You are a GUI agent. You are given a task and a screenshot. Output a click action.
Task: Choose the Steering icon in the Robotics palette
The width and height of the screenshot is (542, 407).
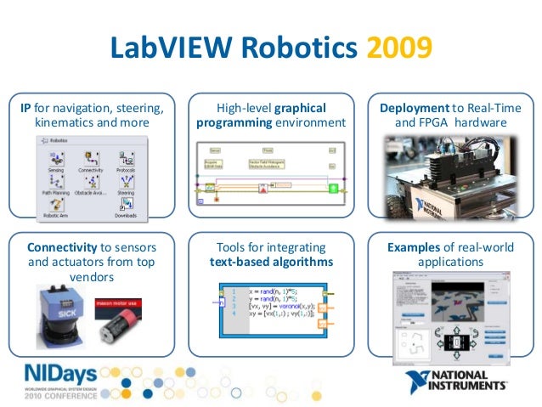[x=126, y=184]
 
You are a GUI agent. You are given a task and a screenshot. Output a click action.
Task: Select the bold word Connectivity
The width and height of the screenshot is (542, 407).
[x=61, y=247]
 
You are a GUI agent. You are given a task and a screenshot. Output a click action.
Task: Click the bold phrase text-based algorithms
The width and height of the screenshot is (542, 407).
[x=270, y=262]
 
